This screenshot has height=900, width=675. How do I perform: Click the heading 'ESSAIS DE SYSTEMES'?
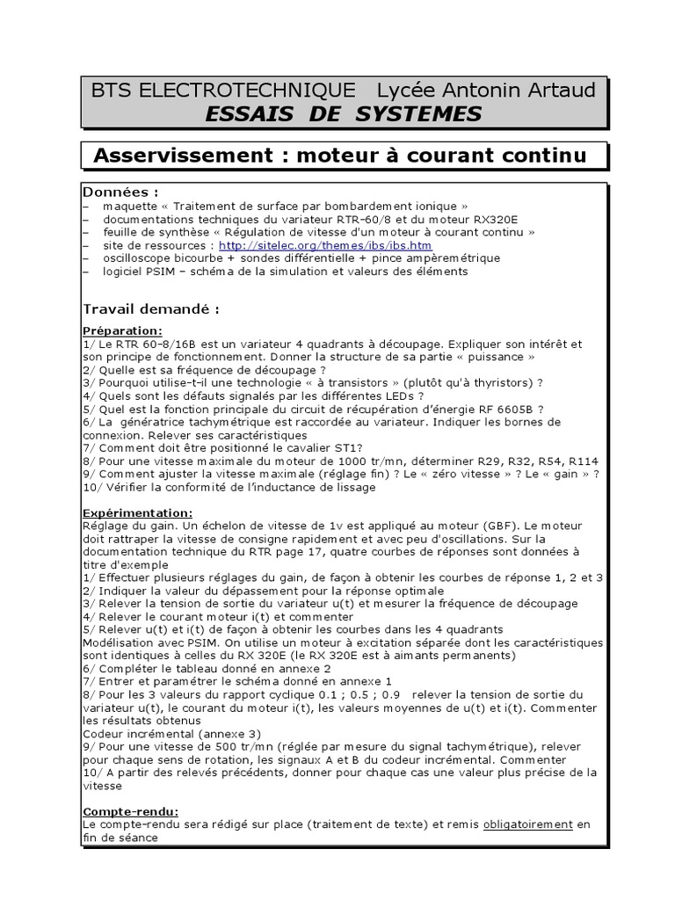(344, 114)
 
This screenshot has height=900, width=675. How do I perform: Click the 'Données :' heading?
(120, 192)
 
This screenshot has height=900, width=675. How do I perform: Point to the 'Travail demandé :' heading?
(150, 309)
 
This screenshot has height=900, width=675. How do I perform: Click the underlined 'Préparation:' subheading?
(122, 330)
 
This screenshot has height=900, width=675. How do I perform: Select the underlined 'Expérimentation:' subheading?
(137, 512)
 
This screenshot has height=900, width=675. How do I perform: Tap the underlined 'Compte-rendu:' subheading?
(130, 811)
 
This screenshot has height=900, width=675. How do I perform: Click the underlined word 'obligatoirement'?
(527, 824)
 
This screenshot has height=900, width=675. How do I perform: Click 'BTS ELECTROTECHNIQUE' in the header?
(224, 90)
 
